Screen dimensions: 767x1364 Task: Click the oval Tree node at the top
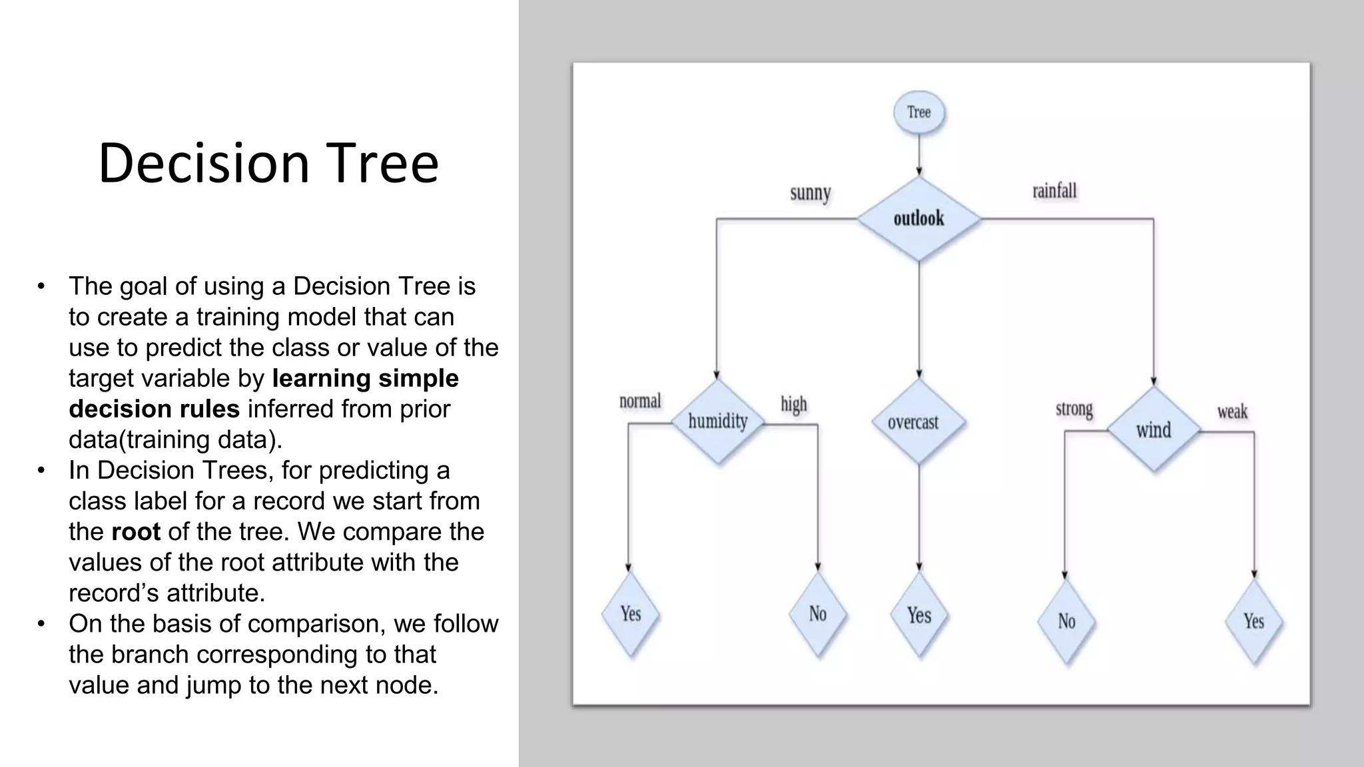coord(918,113)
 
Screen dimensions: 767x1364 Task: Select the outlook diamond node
coord(918,218)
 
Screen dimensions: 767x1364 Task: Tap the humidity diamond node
coord(717,421)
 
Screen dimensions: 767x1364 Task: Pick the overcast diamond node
coord(918,422)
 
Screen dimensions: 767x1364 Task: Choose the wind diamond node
coord(1154,430)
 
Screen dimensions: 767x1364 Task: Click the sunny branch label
coord(810,194)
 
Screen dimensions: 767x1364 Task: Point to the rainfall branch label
coord(1054,192)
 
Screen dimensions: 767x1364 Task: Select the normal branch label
coord(640,401)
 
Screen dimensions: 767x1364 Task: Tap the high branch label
coord(793,404)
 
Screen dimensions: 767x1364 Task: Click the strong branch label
coord(1074,409)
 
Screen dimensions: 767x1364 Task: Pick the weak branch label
coord(1232,412)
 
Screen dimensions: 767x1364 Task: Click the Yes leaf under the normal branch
coord(630,613)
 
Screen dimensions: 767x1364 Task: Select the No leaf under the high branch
coord(818,614)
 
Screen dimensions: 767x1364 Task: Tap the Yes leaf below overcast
coord(919,615)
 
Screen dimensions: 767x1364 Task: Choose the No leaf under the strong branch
coord(1066,621)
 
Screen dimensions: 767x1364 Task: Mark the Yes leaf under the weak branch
coord(1253,621)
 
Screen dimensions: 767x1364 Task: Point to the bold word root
coord(136,532)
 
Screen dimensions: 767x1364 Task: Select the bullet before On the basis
coord(41,624)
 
